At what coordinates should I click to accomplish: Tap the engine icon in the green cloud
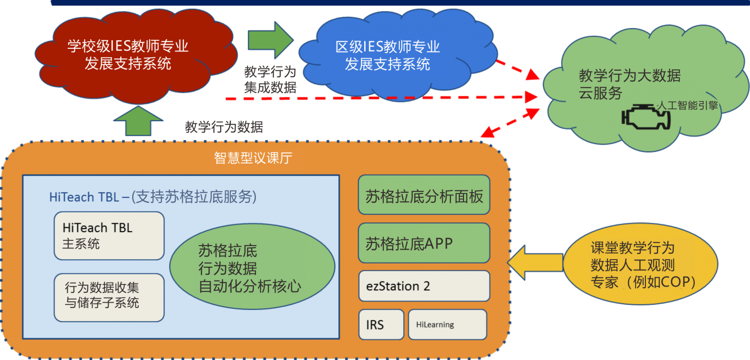(645, 118)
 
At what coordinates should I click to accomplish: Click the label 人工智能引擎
(687, 105)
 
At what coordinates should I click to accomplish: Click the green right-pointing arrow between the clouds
(270, 40)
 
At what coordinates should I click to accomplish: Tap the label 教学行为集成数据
(270, 80)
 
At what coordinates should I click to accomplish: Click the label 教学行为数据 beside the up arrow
(224, 127)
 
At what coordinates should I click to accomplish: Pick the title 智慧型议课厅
(253, 158)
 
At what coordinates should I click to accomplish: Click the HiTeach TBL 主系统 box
(109, 236)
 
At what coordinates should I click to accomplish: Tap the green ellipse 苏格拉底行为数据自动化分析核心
(252, 267)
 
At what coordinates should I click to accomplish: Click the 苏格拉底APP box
(424, 243)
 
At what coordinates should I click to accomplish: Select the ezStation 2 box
(424, 286)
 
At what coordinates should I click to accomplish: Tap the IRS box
(381, 324)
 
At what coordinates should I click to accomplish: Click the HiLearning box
(447, 324)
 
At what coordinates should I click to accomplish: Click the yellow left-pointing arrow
(534, 263)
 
